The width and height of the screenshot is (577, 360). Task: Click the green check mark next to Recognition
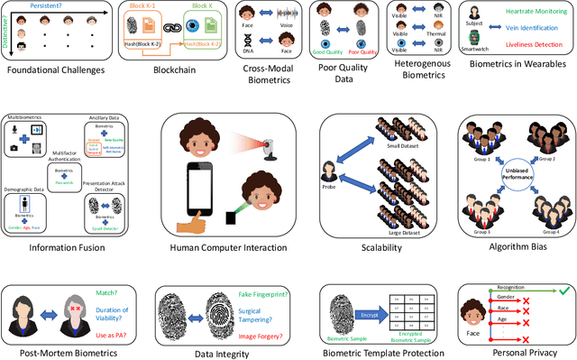click(x=562, y=291)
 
